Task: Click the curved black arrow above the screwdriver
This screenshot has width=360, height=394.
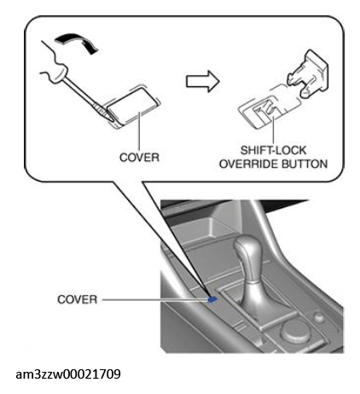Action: [x=76, y=42]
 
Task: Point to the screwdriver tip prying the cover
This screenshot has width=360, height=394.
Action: [x=113, y=121]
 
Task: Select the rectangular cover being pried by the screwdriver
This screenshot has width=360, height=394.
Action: [x=132, y=106]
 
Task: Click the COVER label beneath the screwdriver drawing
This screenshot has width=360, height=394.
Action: [x=139, y=157]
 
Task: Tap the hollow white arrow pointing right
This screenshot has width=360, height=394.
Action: [x=203, y=81]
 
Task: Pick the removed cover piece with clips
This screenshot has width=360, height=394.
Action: [x=308, y=73]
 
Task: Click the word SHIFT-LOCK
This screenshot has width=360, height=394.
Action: [x=273, y=150]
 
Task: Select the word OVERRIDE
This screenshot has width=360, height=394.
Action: [x=248, y=164]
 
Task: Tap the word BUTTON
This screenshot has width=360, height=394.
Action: [x=305, y=164]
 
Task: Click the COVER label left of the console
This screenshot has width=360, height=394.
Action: [x=78, y=299]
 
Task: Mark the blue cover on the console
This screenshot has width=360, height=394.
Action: [x=213, y=298]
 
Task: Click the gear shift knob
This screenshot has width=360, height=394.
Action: [x=247, y=251]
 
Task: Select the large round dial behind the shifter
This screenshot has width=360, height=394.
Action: [x=295, y=330]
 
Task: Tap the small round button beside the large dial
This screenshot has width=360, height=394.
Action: [x=319, y=316]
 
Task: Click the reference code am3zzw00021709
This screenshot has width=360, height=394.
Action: [x=68, y=374]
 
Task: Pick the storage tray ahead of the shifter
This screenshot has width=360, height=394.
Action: [x=206, y=228]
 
